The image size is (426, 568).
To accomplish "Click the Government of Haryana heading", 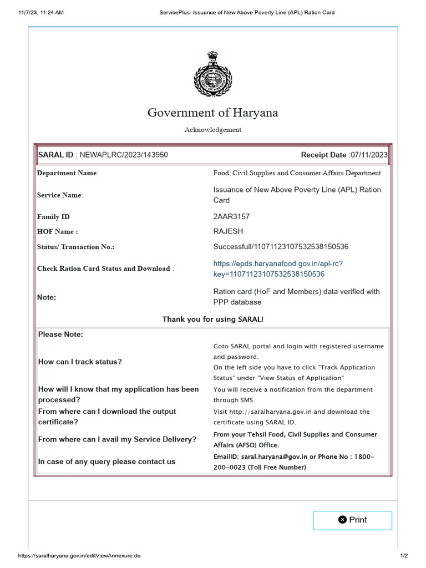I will pos(213,113).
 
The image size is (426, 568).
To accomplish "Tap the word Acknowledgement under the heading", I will pos(213,130).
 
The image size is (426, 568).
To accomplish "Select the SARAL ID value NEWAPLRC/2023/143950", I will pos(124,155).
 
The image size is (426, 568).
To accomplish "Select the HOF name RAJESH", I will pos(228,231).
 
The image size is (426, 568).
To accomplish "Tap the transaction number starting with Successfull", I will pos(281,246).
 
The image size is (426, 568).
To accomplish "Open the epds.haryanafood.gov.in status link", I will pos(282,268).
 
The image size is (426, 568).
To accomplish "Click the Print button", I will pos(352,520).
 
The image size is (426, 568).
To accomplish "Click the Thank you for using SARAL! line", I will pos(213,319).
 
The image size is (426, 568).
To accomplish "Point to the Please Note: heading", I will pos(60,334).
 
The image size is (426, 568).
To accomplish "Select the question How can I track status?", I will pos(80,362).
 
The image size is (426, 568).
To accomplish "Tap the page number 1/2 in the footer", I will pos(404,556).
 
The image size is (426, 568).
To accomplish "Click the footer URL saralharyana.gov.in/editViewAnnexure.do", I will pos(79,556).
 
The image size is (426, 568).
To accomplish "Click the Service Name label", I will pos(60,195).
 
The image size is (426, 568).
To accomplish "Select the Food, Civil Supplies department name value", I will pos(297,173).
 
